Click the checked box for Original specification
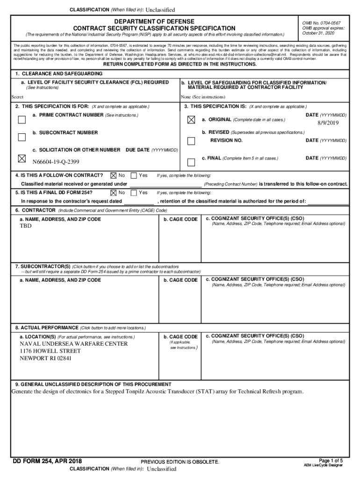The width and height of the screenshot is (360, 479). click(191, 120)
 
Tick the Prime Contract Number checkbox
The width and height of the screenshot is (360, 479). click(22, 120)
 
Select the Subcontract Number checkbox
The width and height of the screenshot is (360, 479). click(22, 137)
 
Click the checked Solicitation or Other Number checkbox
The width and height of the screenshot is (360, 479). click(22, 159)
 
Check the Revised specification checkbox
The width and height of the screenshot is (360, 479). click(191, 141)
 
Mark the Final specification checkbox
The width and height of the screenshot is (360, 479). click(191, 162)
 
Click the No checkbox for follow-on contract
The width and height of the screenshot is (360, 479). click(113, 175)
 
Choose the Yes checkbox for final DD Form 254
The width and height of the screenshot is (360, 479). click(134, 192)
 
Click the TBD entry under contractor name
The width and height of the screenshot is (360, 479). click(26, 226)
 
